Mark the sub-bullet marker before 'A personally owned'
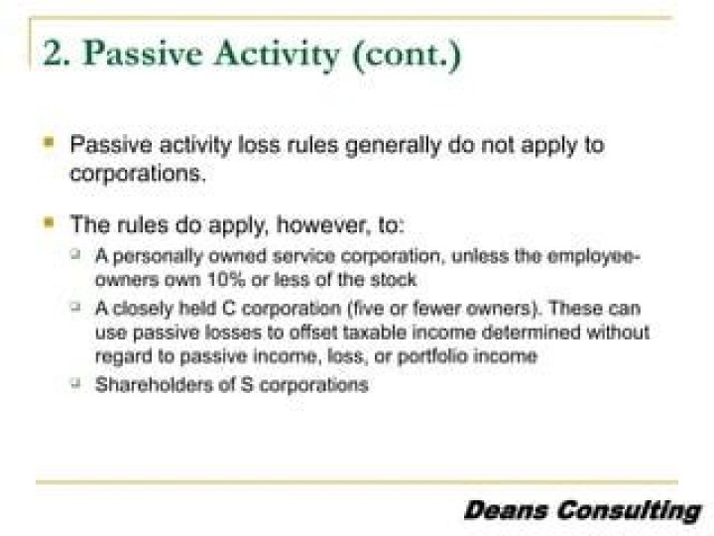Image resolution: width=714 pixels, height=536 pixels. tap(74, 256)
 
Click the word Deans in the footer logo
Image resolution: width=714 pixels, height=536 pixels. tap(505, 511)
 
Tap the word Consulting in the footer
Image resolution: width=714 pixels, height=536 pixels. tap(626, 511)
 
